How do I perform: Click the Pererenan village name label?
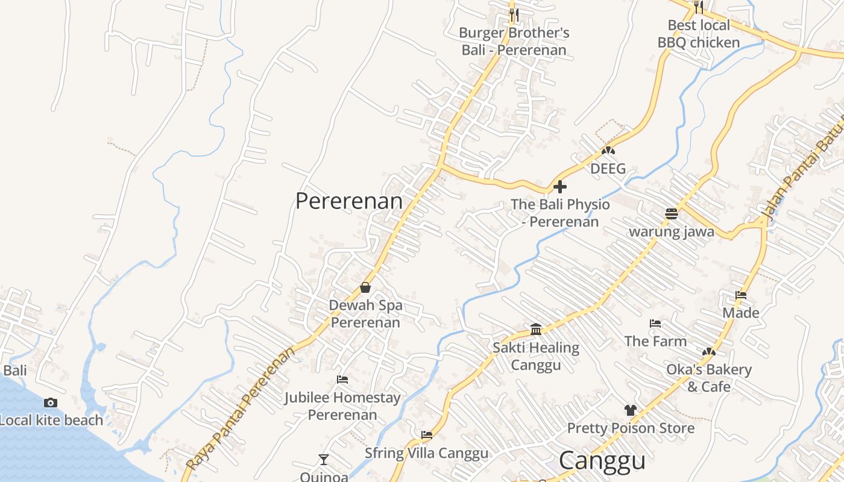pyautogui.click(x=349, y=201)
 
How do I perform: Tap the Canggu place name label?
pyautogui.click(x=602, y=461)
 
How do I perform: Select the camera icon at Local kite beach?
pyautogui.click(x=51, y=402)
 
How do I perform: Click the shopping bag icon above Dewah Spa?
pyautogui.click(x=365, y=287)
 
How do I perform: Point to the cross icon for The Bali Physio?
pyautogui.click(x=560, y=187)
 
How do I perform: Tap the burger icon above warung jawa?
pyautogui.click(x=672, y=213)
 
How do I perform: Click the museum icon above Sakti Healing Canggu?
pyautogui.click(x=536, y=329)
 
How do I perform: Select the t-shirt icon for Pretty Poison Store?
pyautogui.click(x=631, y=410)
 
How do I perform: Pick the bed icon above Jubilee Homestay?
pyautogui.click(x=342, y=380)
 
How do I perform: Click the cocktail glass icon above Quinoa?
pyautogui.click(x=324, y=460)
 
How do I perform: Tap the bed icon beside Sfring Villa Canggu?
pyautogui.click(x=427, y=434)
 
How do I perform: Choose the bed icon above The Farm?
pyautogui.click(x=655, y=324)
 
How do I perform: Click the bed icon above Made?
pyautogui.click(x=741, y=295)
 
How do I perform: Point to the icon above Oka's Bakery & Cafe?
pyautogui.click(x=709, y=351)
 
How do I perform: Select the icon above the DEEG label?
pyautogui.click(x=608, y=150)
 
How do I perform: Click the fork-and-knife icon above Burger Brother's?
pyautogui.click(x=514, y=14)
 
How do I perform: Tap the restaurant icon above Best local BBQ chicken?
pyautogui.click(x=699, y=7)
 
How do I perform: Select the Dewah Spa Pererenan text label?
pyautogui.click(x=365, y=314)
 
